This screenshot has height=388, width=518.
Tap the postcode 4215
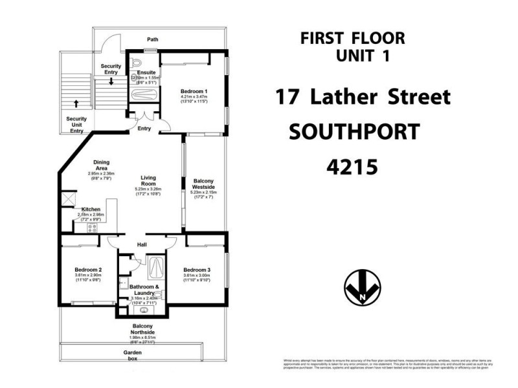click(x=351, y=166)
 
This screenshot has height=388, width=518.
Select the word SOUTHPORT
click(x=354, y=132)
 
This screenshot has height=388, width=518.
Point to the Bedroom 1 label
click(x=194, y=92)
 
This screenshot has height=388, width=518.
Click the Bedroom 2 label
click(x=87, y=270)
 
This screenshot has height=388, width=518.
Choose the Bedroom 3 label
click(x=196, y=270)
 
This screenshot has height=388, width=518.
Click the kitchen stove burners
click(x=102, y=228)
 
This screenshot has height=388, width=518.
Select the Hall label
click(x=143, y=245)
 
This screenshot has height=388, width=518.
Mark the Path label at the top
click(x=152, y=39)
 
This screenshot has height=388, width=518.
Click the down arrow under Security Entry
click(x=111, y=81)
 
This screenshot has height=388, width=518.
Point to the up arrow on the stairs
click(x=76, y=103)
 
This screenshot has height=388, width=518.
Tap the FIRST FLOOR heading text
click(x=353, y=38)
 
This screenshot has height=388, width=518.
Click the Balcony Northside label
click(x=142, y=329)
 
